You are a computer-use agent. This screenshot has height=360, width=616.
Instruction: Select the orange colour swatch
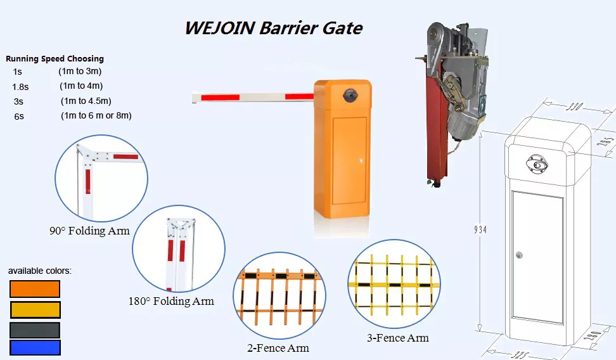coord(35,289)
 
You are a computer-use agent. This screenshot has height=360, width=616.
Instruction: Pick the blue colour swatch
coord(35,348)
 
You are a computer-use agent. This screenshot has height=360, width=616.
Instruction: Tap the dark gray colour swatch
coord(35,330)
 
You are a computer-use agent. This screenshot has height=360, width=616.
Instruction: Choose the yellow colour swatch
coord(35,310)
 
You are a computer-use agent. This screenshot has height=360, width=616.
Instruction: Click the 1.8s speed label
coord(20,87)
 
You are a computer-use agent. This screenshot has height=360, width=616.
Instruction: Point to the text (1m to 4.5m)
coord(86,101)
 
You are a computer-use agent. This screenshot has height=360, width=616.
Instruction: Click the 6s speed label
coord(19,117)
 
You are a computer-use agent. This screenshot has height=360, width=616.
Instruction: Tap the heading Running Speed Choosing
coord(55,58)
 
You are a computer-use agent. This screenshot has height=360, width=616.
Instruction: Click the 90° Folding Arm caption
coord(89,231)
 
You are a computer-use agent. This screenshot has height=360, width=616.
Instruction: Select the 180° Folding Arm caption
coord(171,301)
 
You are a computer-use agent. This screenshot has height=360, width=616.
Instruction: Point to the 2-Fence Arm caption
coord(278,348)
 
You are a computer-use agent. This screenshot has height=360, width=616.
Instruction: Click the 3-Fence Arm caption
coord(398,338)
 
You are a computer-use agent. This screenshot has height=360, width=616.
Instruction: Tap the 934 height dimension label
coord(480,229)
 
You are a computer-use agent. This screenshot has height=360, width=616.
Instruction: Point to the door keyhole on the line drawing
coord(520,255)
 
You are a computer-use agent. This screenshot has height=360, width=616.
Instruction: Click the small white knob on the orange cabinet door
coord(360,160)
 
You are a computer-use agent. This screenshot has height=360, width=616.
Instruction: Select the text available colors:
coord(40,271)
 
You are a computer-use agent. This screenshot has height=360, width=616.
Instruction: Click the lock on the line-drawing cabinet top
coord(537,164)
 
